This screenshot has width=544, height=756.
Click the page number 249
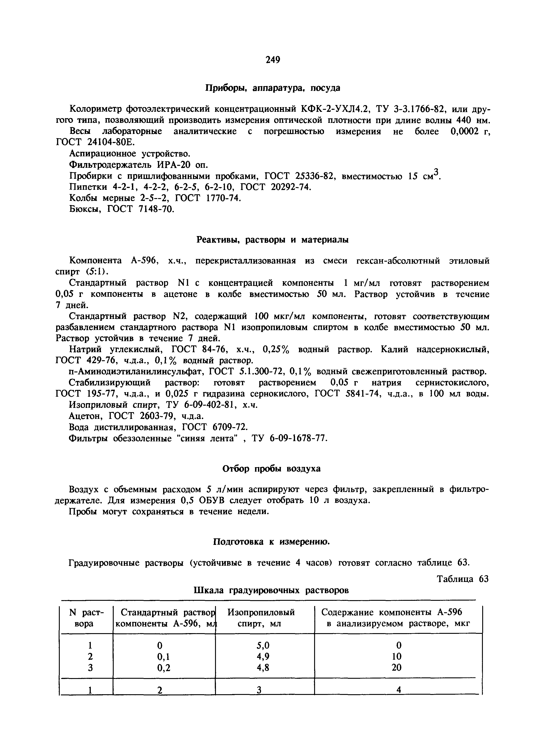point(273,60)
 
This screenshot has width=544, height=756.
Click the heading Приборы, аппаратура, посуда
point(273,88)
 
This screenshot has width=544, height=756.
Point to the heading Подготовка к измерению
point(271,542)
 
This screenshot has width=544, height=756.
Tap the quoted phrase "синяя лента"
point(209,438)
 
